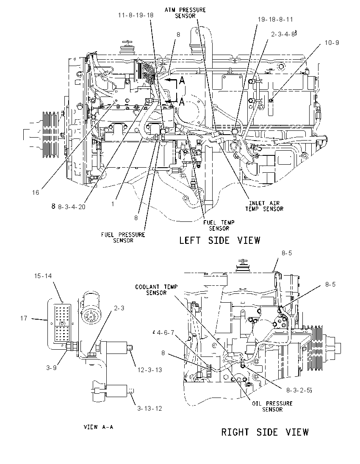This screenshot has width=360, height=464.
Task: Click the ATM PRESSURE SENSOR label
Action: (x=185, y=12)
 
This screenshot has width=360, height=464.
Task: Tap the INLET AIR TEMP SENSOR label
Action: (x=264, y=206)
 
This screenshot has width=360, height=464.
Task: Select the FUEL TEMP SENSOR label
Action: (x=219, y=225)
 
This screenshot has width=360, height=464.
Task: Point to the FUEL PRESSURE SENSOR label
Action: (x=123, y=238)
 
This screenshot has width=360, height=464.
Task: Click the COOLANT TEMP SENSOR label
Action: (x=156, y=290)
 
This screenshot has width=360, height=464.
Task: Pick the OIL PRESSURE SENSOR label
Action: (x=272, y=406)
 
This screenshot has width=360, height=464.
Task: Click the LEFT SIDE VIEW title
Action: (x=220, y=240)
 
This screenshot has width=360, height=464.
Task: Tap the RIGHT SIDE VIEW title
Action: (x=265, y=432)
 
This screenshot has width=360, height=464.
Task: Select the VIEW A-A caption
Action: (x=98, y=427)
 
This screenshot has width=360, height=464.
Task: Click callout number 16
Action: (x=36, y=193)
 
